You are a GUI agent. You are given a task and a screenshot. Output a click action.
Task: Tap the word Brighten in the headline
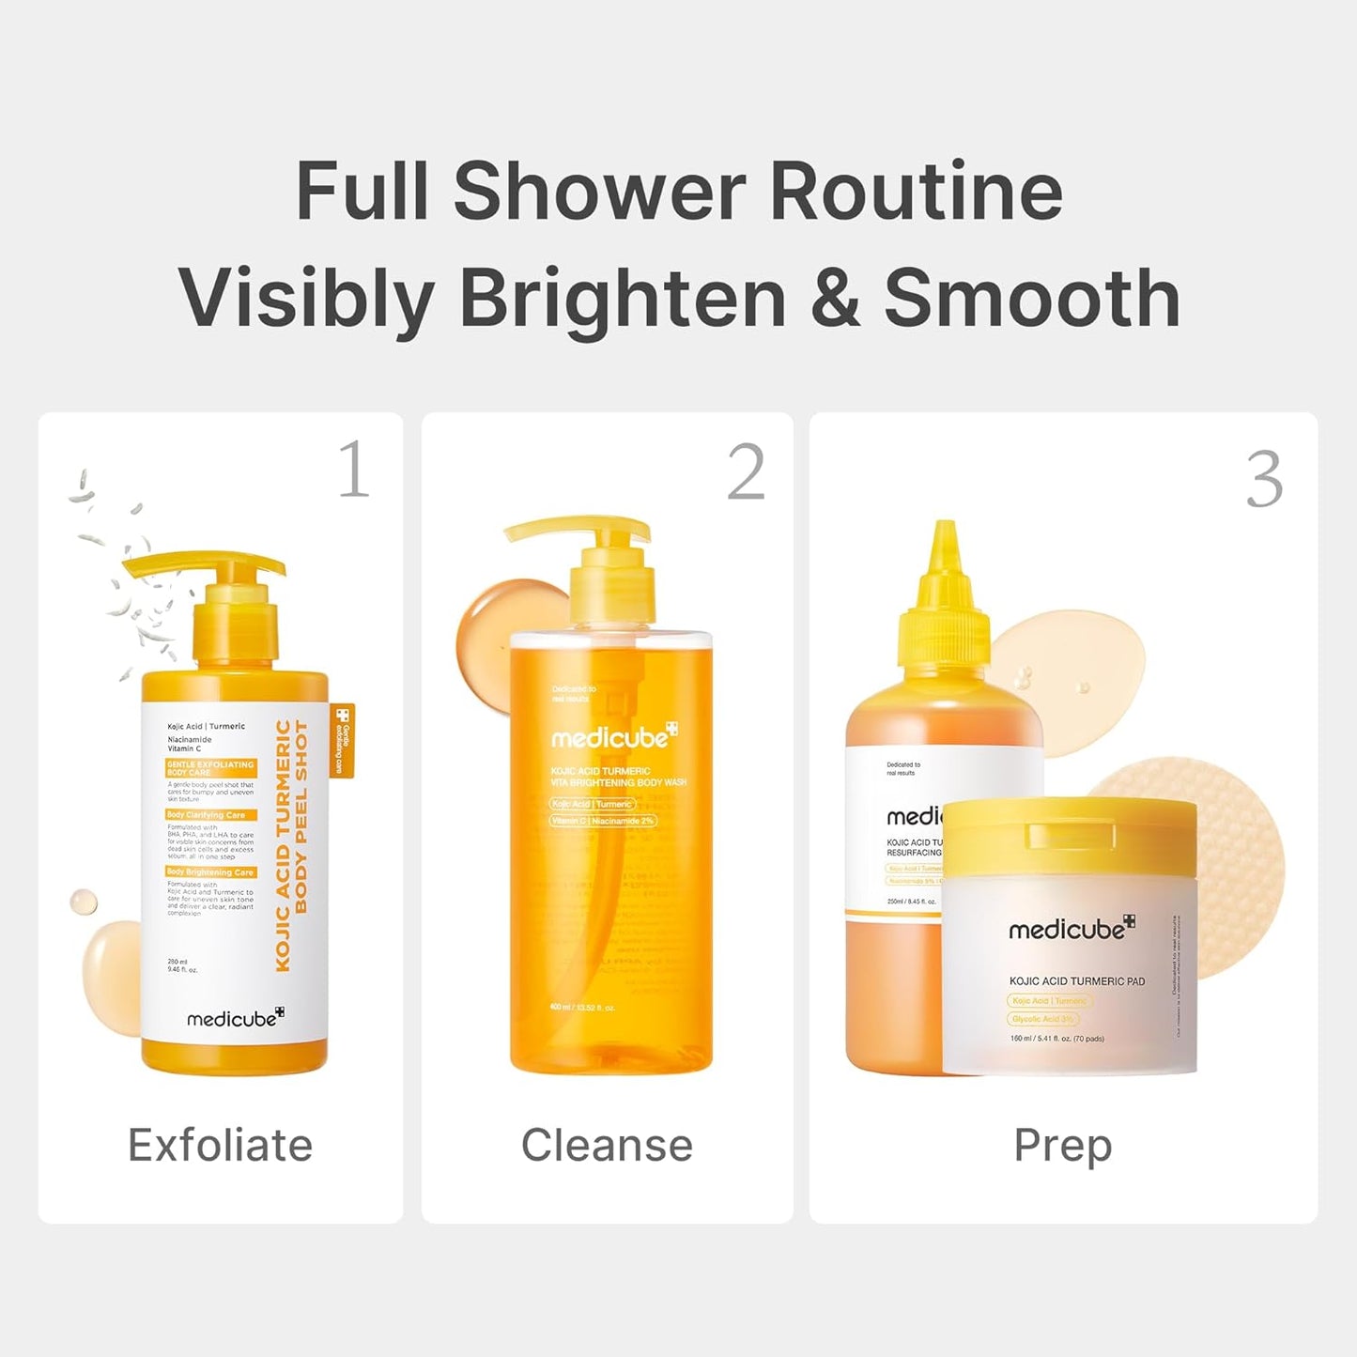click(x=623, y=298)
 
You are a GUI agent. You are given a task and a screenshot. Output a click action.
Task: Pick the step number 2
click(x=746, y=472)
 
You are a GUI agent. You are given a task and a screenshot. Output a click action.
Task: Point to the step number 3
click(x=1264, y=480)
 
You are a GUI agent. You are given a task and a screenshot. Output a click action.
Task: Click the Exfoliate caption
click(x=220, y=1145)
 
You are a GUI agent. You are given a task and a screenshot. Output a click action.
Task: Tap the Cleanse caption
click(x=607, y=1145)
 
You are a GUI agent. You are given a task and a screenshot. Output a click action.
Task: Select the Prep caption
click(x=1062, y=1145)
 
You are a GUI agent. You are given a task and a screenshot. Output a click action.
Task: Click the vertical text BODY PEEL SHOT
click(x=301, y=816)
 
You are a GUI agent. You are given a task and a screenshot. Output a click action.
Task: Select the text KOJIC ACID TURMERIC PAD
click(x=1076, y=980)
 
